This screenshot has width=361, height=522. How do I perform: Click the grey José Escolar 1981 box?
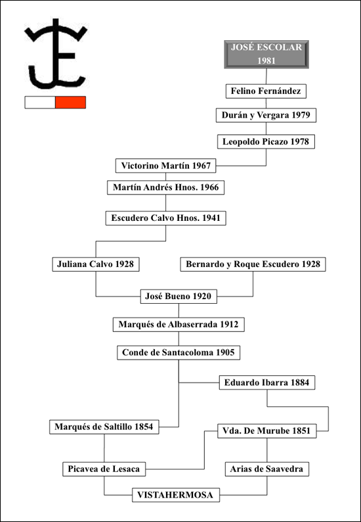tap(266, 55)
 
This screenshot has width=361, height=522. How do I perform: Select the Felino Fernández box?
tap(266, 91)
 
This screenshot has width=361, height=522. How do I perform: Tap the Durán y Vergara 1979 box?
tap(266, 115)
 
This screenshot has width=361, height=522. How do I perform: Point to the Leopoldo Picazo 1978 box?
tap(266, 141)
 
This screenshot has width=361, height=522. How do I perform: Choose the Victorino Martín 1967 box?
tap(166, 166)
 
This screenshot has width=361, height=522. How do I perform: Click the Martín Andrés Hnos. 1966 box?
tap(166, 187)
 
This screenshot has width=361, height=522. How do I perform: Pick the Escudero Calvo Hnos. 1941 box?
tap(166, 218)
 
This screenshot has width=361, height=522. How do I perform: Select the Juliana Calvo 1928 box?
tap(96, 264)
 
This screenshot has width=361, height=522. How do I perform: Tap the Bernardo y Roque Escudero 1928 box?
tap(253, 264)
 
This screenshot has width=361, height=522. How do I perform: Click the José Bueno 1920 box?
tap(179, 297)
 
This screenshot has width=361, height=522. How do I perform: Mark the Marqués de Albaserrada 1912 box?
tap(179, 325)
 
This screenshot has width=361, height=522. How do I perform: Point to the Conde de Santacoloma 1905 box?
tap(179, 352)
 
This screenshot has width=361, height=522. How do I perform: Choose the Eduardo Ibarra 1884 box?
tap(267, 383)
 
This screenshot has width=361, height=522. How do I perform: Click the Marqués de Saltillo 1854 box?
tap(104, 427)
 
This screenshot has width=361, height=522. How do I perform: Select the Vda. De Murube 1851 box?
tap(267, 431)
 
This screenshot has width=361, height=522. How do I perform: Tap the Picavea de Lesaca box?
tap(104, 469)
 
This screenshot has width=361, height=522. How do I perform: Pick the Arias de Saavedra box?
tap(267, 469)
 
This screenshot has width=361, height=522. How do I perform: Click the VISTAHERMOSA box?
tap(176, 494)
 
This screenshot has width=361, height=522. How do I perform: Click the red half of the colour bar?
tap(70, 102)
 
